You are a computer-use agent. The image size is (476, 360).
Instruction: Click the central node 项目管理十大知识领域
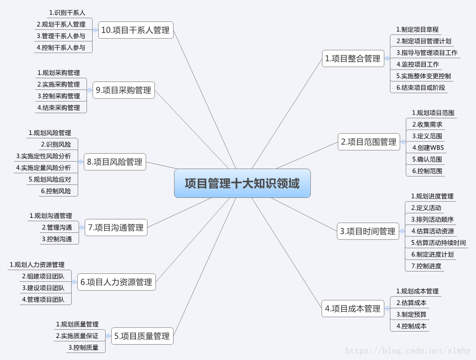242,183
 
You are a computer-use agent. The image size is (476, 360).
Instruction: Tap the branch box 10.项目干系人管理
135,30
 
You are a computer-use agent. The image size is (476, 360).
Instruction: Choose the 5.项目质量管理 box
142,336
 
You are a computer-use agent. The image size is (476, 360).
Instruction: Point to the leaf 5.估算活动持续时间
438,243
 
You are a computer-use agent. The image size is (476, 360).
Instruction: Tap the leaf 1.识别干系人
67,13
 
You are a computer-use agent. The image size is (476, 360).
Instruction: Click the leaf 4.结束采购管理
59,108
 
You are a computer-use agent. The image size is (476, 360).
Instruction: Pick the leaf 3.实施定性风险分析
44,156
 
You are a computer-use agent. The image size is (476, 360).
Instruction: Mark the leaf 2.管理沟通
57,227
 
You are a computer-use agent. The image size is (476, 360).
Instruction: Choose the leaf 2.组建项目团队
43,276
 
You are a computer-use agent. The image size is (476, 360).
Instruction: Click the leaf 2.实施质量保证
77,336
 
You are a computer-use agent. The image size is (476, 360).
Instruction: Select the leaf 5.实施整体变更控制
423,76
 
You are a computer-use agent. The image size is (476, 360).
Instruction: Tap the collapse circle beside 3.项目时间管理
402,231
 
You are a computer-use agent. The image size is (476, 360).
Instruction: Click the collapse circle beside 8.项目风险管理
81,162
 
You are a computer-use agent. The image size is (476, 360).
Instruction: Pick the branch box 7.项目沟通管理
116,228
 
